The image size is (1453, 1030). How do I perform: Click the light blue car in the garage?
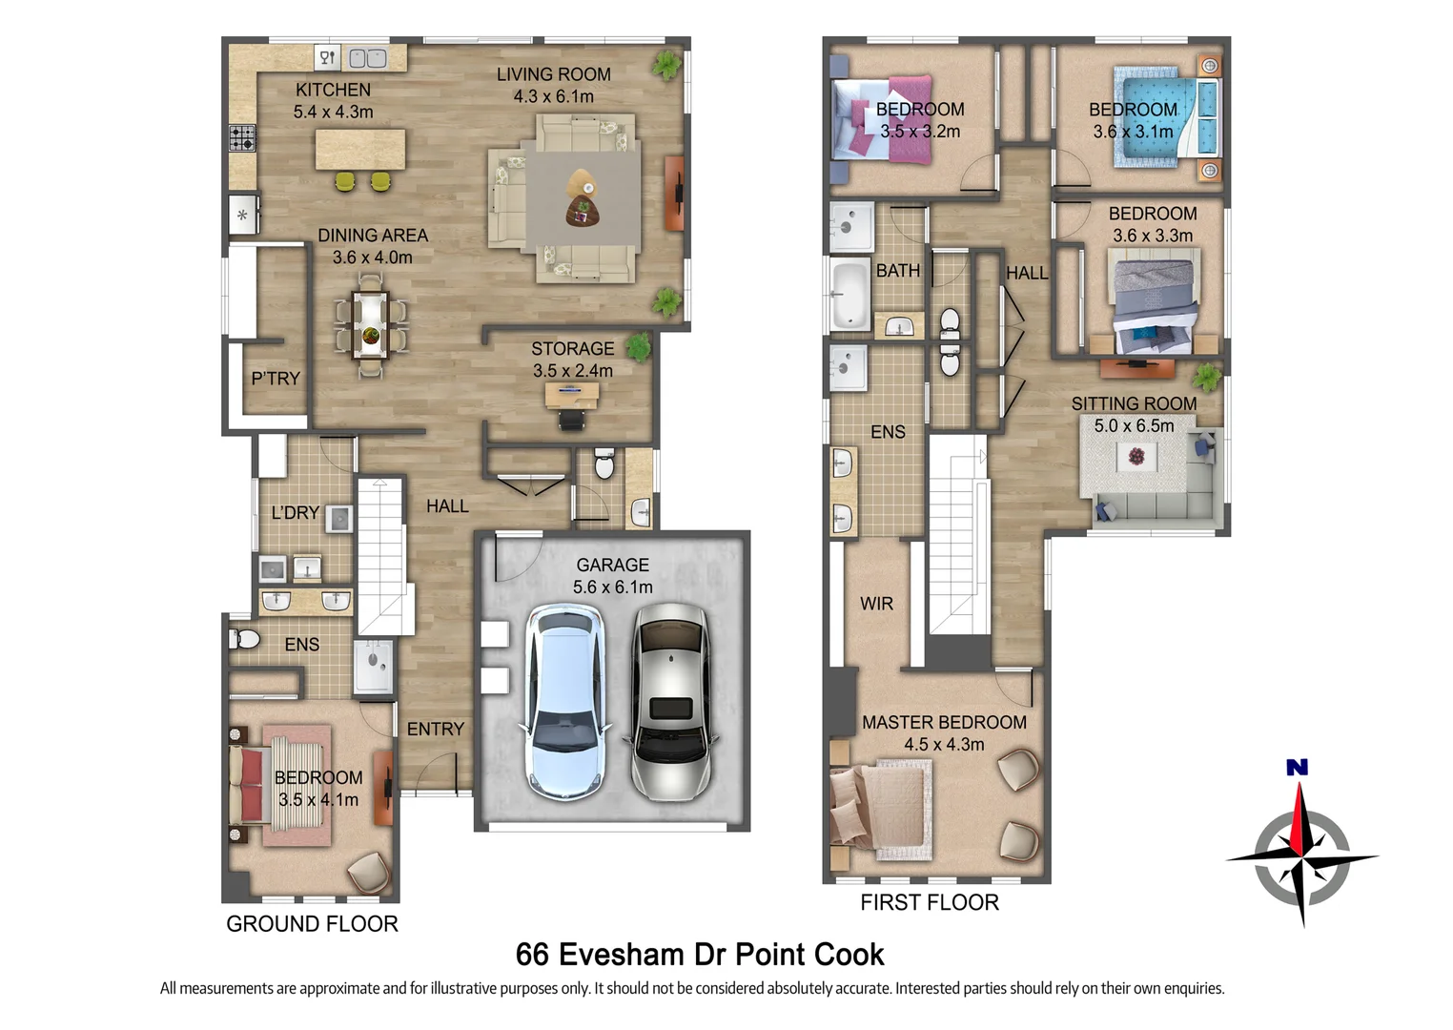tap(567, 702)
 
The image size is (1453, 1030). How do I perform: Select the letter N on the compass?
tap(1298, 767)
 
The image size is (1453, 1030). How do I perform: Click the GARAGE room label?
tap(612, 566)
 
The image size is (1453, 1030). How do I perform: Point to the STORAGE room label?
tap(573, 349)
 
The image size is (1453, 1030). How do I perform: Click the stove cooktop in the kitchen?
tap(242, 138)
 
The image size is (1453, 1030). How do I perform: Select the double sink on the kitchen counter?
tap(368, 58)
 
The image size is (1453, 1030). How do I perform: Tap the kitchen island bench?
tap(360, 150)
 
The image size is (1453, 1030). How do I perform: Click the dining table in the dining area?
tap(370, 325)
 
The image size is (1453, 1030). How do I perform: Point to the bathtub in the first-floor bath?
tap(850, 295)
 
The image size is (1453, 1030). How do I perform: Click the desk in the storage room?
tap(572, 395)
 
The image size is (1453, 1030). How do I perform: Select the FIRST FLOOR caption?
tap(930, 903)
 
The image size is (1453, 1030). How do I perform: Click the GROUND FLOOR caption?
tap(312, 924)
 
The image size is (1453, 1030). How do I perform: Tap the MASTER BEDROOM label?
tap(944, 722)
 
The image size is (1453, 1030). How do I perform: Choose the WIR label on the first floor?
tap(876, 604)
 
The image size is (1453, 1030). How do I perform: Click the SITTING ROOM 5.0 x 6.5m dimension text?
tap(1134, 425)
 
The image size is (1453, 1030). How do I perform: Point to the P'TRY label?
tap(276, 379)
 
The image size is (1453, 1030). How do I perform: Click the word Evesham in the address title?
tap(622, 954)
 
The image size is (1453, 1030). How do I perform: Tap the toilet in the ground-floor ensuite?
tap(244, 639)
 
